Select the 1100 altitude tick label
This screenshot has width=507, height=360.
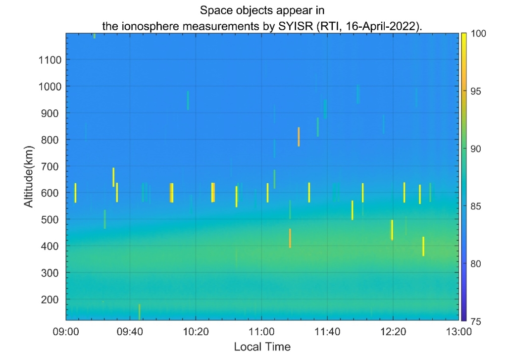pos(50,60)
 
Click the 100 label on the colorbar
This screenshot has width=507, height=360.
pos(476,34)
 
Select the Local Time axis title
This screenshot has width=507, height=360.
pos(262,346)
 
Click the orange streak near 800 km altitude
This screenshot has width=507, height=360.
pos(299,137)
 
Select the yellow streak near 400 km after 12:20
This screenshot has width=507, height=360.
pos(423,246)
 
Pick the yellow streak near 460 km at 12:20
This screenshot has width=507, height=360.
pos(392,230)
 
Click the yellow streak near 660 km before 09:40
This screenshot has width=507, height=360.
pos(113,177)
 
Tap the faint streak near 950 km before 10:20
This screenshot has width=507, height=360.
pos(188,101)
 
